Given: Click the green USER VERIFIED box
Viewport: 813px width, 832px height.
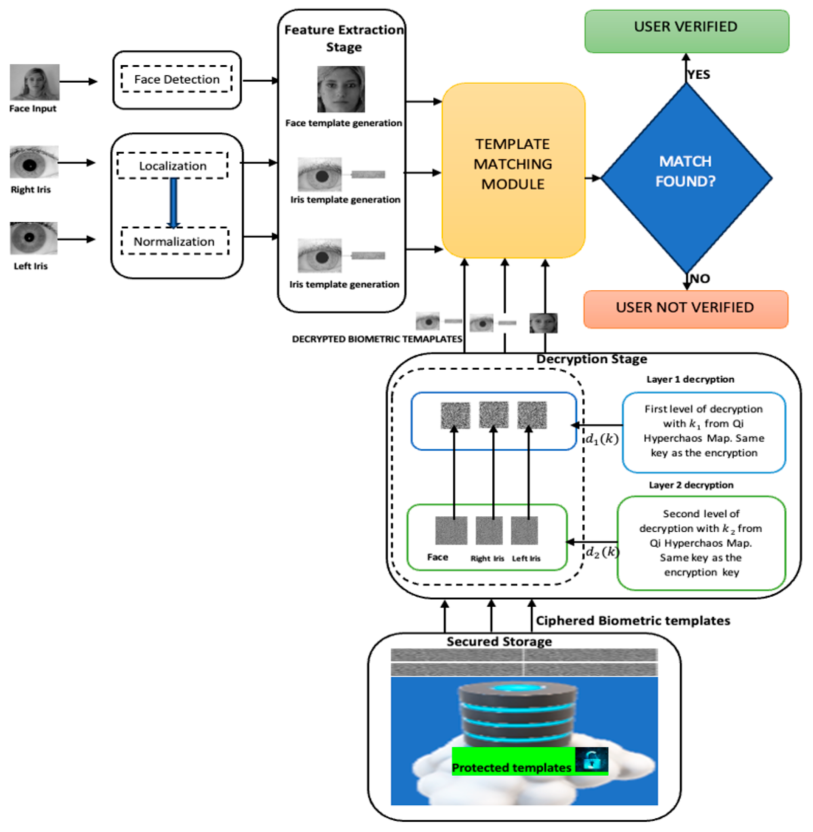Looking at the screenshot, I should click(x=686, y=31).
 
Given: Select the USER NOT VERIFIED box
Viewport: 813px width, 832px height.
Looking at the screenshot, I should click(x=685, y=309).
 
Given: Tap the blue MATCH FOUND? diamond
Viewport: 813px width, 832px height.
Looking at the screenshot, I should click(x=686, y=177).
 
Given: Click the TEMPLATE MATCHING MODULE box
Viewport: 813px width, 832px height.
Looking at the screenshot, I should click(x=513, y=170).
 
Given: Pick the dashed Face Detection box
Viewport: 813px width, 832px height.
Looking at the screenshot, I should click(x=176, y=79).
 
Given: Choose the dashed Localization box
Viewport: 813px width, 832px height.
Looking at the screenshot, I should click(x=173, y=166).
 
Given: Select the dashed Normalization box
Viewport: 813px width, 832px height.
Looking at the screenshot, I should click(x=174, y=241).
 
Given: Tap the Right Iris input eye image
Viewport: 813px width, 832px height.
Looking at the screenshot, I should click(x=34, y=162).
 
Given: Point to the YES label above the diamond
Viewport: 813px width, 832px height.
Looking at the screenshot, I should click(x=699, y=74).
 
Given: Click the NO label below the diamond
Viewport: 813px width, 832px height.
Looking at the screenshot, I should click(x=700, y=279).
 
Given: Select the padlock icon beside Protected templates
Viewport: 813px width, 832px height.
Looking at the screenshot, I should click(x=592, y=759).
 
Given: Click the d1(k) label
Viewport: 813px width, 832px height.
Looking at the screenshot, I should click(x=602, y=439).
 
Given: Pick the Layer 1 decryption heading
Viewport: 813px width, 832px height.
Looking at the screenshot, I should click(x=690, y=379).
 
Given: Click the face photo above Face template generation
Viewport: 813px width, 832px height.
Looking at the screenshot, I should click(x=341, y=89).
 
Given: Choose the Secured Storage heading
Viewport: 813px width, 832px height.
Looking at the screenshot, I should click(x=499, y=641).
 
